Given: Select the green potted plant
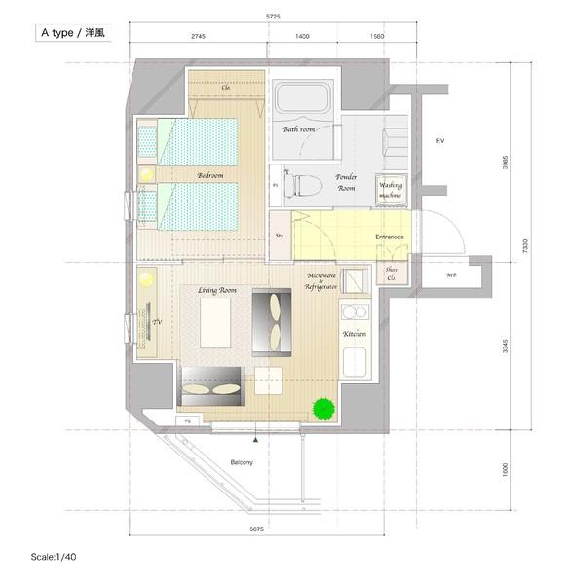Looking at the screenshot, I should (322, 409).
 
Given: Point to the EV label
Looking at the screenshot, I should (439, 141).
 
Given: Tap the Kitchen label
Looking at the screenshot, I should (354, 334).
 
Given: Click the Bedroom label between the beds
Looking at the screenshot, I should (209, 175).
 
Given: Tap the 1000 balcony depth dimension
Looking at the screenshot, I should (506, 470).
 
